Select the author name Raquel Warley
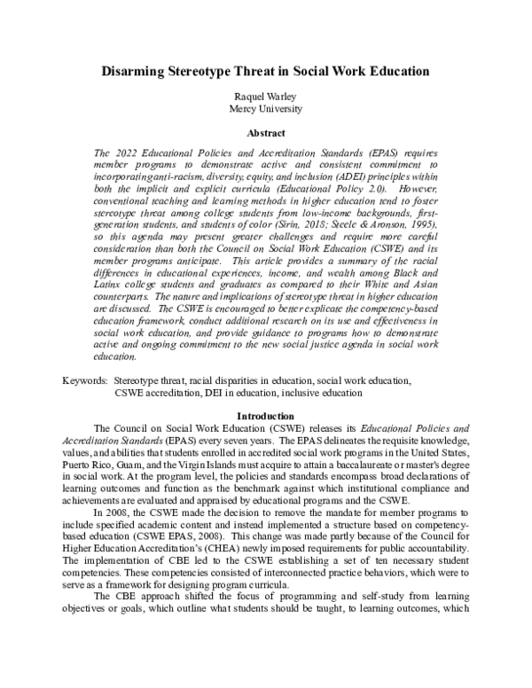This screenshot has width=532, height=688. [266, 96]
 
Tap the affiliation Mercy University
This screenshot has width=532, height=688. [266, 109]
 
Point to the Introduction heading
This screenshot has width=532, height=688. [266, 416]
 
